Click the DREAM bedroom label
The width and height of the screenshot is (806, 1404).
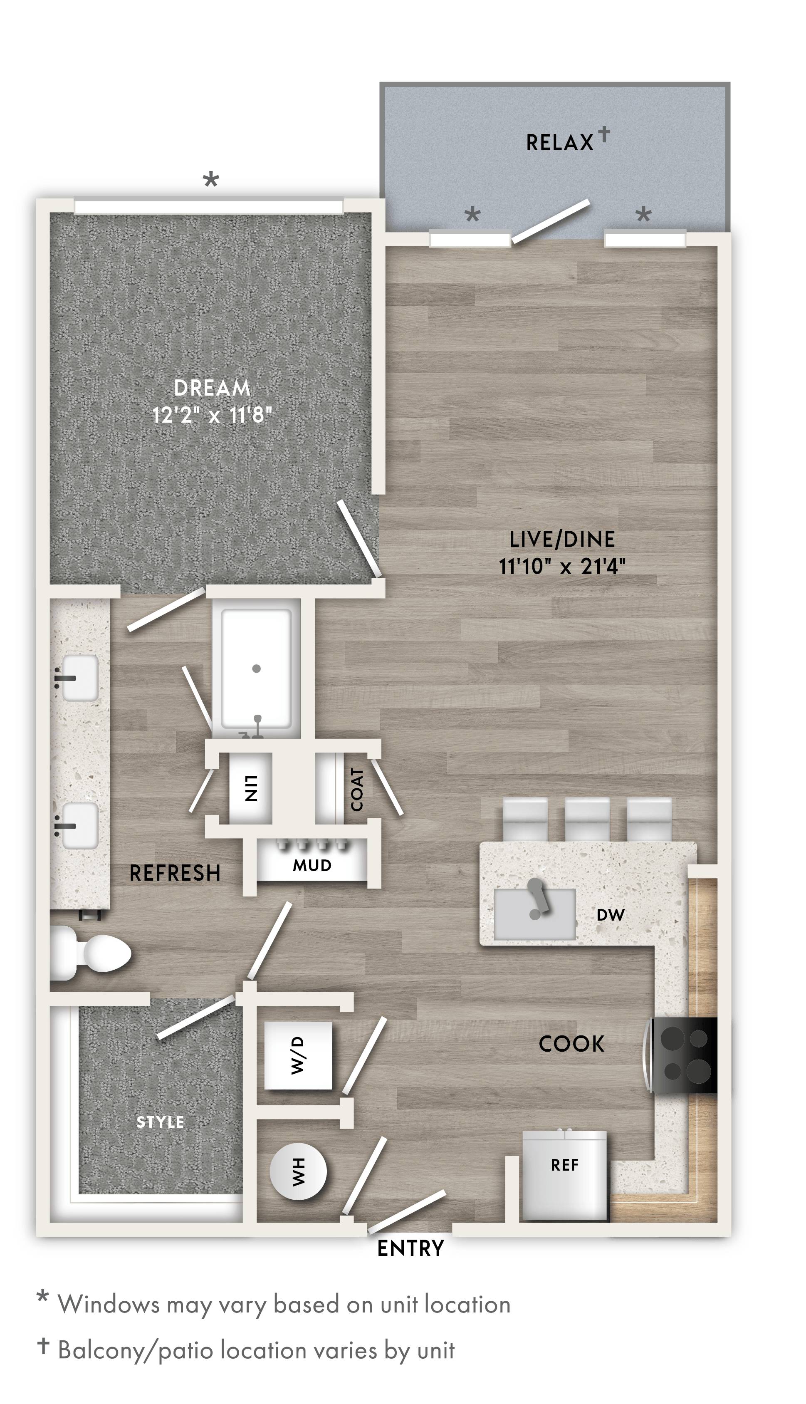(x=212, y=388)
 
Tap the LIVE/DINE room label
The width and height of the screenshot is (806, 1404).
(x=562, y=539)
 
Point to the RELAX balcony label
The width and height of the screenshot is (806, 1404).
(x=560, y=143)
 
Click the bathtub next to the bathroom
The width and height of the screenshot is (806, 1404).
(x=256, y=668)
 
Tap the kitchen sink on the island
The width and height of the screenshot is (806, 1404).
(x=534, y=914)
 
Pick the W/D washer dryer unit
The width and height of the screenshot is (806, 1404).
(x=298, y=1055)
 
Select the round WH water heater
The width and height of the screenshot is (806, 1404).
(x=298, y=1172)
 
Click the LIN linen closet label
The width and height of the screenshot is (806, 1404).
(x=251, y=788)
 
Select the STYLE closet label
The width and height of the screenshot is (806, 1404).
(x=160, y=1122)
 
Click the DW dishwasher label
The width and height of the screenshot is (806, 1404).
(x=611, y=915)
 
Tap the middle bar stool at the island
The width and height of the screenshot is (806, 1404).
(x=587, y=820)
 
